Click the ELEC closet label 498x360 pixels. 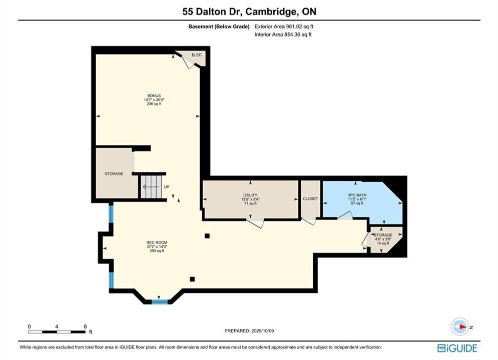tap(197, 55)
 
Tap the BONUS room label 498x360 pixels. tap(154, 95)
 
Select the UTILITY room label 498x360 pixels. tap(250, 195)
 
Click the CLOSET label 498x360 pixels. tap(310, 198)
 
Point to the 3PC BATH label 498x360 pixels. tap(357, 195)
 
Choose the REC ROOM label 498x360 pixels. tap(157, 242)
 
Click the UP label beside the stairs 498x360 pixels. tap(167, 187)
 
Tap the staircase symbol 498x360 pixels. tap(151, 187)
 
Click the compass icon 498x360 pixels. tap(460, 326)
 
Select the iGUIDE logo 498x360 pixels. tap(457, 348)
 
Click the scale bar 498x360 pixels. tap(57, 332)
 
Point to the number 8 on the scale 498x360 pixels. tap(85, 326)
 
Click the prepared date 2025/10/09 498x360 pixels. tap(262, 331)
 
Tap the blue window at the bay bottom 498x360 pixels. tap(160, 301)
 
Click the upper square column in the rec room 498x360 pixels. tap(207, 235)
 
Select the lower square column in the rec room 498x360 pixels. tap(192, 279)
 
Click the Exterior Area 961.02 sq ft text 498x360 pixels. tap(284, 26)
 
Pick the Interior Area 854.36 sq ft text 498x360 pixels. tap(283, 34)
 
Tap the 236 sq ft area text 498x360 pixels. tap(154, 103)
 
